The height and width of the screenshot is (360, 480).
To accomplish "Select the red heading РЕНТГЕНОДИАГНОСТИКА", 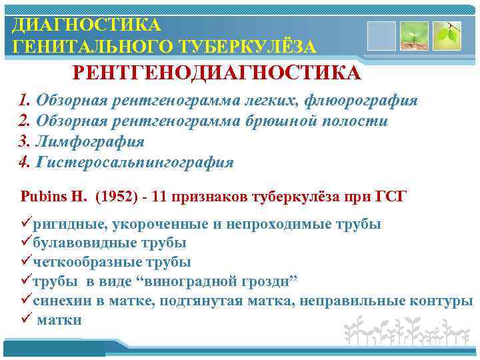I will (x=217, y=73).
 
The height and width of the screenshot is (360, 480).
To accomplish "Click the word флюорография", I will (x=361, y=101).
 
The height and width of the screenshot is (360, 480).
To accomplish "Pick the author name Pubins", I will (x=41, y=197).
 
